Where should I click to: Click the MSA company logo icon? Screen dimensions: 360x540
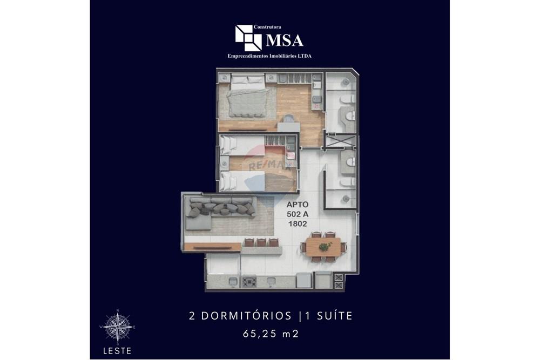(248, 38)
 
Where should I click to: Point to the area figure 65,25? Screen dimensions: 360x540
(259, 334)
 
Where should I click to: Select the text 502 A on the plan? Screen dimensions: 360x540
(297, 214)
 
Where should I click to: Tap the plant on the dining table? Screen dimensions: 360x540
(324, 247)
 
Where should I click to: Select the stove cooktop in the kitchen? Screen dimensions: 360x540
(249, 281)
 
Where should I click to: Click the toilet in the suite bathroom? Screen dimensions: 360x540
(349, 115)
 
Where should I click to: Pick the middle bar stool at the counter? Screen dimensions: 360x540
(261, 242)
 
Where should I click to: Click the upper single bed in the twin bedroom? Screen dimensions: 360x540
(242, 145)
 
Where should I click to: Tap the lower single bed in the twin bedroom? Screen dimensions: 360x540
(242, 181)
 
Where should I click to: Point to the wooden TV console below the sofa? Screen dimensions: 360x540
(212, 247)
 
